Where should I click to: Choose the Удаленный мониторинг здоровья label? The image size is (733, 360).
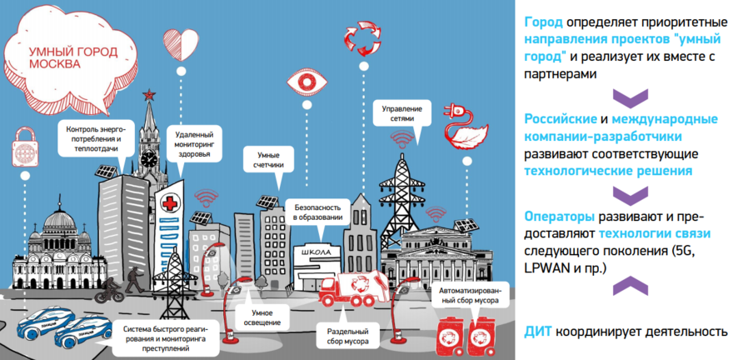pyautogui.click(x=195, y=146)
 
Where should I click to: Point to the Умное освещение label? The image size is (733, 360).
pyautogui.click(x=257, y=317)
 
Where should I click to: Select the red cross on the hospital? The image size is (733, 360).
pyautogui.click(x=172, y=203)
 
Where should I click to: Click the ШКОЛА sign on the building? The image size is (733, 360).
pyautogui.click(x=317, y=251)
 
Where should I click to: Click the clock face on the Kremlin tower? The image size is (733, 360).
pyautogui.click(x=149, y=156)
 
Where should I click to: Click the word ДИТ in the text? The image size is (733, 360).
pyautogui.click(x=538, y=331)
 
